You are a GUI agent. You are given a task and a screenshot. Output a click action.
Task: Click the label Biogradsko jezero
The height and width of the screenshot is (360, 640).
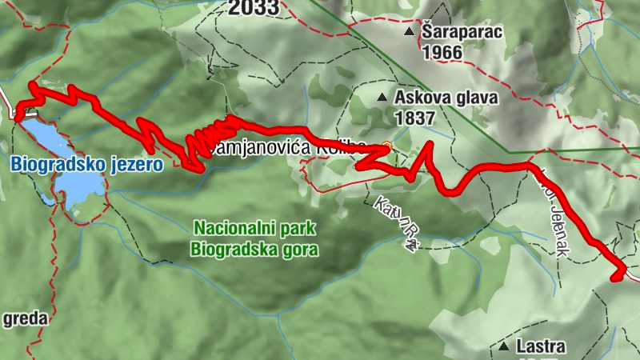coord(86,165)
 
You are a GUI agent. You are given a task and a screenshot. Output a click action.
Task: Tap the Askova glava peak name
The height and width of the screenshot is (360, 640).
coord(446,98)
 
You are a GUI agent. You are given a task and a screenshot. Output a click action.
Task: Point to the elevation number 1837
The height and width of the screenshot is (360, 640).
coord(414,118)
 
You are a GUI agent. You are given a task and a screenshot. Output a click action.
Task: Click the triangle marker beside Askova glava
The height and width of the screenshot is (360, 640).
coord(382,98)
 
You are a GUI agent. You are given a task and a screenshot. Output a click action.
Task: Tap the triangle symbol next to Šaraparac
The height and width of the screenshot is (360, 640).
coord(410,33)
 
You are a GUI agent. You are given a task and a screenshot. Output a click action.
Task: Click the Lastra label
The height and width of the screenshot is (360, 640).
coord(541,347)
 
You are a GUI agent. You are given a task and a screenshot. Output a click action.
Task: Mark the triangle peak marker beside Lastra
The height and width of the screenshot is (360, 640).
coord(504,347)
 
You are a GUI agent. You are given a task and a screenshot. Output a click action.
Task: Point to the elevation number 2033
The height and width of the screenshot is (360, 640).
coord(253,8)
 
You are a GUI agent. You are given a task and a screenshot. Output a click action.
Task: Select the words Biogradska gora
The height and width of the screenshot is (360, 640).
coord(254,249)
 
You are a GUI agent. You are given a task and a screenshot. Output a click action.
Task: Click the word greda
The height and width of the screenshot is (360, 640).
coord(25,318)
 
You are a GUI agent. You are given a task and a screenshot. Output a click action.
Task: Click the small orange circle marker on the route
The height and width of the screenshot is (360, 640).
coord(386,146)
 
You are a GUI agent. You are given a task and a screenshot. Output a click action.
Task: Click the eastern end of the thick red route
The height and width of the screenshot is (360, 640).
coord(616,277)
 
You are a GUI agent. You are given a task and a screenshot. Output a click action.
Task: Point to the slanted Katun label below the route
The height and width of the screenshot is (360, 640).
coord(391,218)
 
